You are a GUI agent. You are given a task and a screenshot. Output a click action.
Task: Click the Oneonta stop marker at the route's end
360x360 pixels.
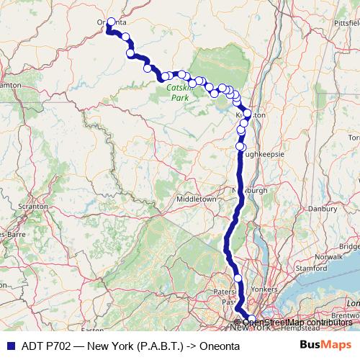[111, 22]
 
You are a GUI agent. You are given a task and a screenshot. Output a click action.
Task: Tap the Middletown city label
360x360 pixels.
[197, 198]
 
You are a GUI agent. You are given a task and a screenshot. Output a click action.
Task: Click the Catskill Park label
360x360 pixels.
[177, 91]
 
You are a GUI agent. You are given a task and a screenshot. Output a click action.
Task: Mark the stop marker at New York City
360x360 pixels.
[251, 319]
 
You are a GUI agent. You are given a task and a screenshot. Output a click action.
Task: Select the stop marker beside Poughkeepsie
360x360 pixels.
[240, 147]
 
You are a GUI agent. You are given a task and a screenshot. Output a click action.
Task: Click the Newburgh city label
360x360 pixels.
[249, 190]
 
